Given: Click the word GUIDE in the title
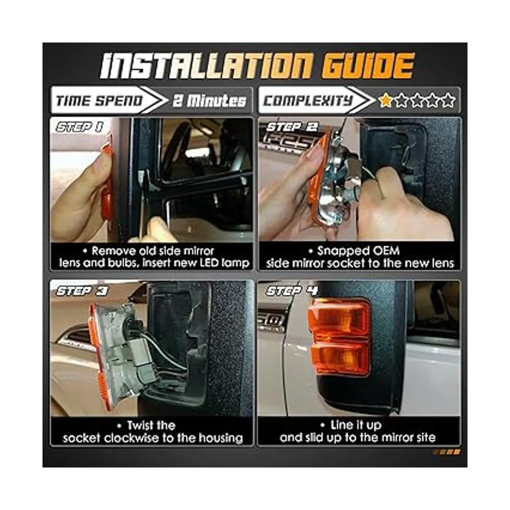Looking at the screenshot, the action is [368, 65].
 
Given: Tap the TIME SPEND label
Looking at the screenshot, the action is [99, 101].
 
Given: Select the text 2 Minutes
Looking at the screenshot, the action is [210, 101].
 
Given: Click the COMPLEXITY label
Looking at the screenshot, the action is [308, 101].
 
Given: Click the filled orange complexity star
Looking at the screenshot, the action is [385, 100].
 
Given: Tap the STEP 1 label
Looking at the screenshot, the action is [79, 127].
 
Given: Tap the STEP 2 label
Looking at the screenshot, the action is [292, 127].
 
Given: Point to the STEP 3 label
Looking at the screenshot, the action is [82, 291].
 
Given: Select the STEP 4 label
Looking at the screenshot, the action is [292, 291].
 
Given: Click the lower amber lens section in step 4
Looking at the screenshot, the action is [340, 361].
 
